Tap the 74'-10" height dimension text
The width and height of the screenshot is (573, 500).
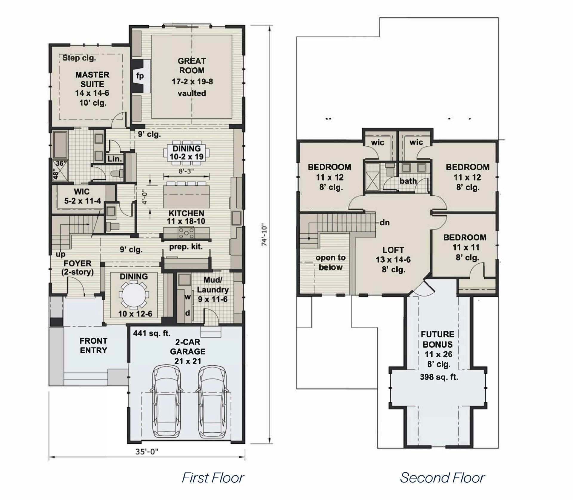point(264,235)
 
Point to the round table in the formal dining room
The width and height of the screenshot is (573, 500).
point(134,295)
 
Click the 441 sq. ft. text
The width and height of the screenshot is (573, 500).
point(152,333)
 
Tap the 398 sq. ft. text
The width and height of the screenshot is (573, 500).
point(439,377)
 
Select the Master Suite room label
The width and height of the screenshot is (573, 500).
point(92,79)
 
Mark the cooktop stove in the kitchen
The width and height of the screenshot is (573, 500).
point(186,232)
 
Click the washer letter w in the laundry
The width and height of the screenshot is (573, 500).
point(187,297)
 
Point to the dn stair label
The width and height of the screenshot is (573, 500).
point(385,222)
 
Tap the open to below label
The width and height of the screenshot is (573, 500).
point(330,262)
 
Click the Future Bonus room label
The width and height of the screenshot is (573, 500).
point(438,339)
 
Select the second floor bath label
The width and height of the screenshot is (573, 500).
point(408,181)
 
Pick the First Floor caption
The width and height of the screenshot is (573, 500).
point(213,478)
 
